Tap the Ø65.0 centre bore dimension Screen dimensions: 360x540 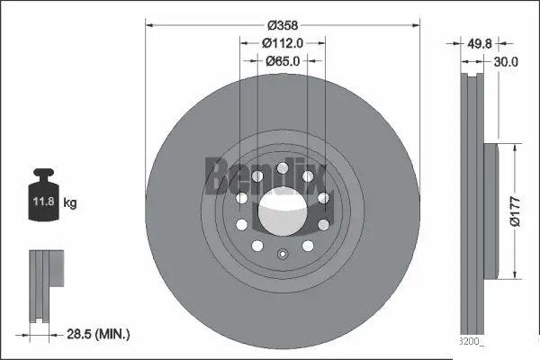282,60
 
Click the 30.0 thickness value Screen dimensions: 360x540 507,62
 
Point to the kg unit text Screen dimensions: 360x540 70,203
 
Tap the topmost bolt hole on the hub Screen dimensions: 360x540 282,167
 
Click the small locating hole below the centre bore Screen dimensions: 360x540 282,254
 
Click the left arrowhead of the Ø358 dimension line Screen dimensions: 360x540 149,25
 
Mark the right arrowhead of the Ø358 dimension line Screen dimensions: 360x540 415,25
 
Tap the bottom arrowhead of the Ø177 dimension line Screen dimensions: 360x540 514,274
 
